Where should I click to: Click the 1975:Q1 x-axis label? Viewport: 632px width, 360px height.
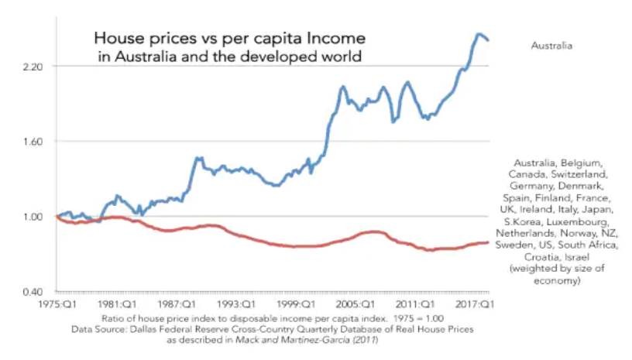point(59,305)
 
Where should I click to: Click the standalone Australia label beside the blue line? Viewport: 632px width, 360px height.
point(551,46)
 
